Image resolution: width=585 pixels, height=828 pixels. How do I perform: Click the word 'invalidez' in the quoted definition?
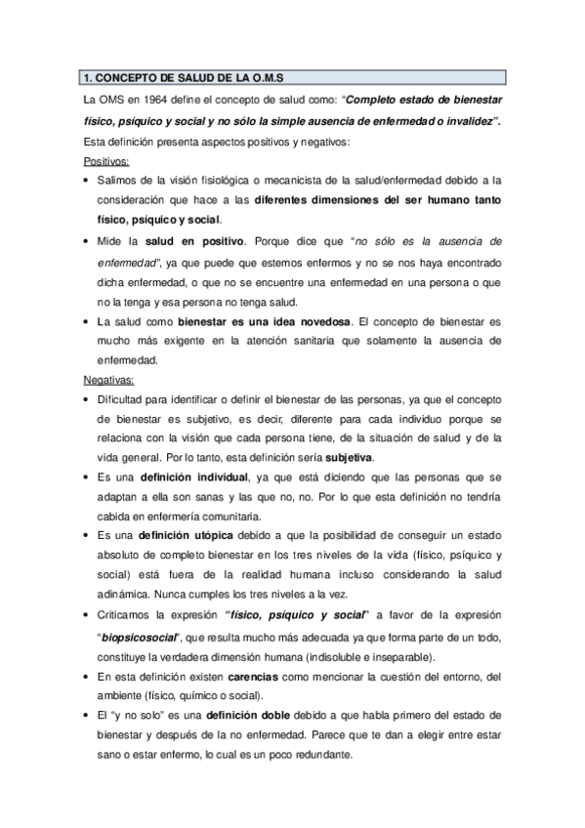tap(465, 119)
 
